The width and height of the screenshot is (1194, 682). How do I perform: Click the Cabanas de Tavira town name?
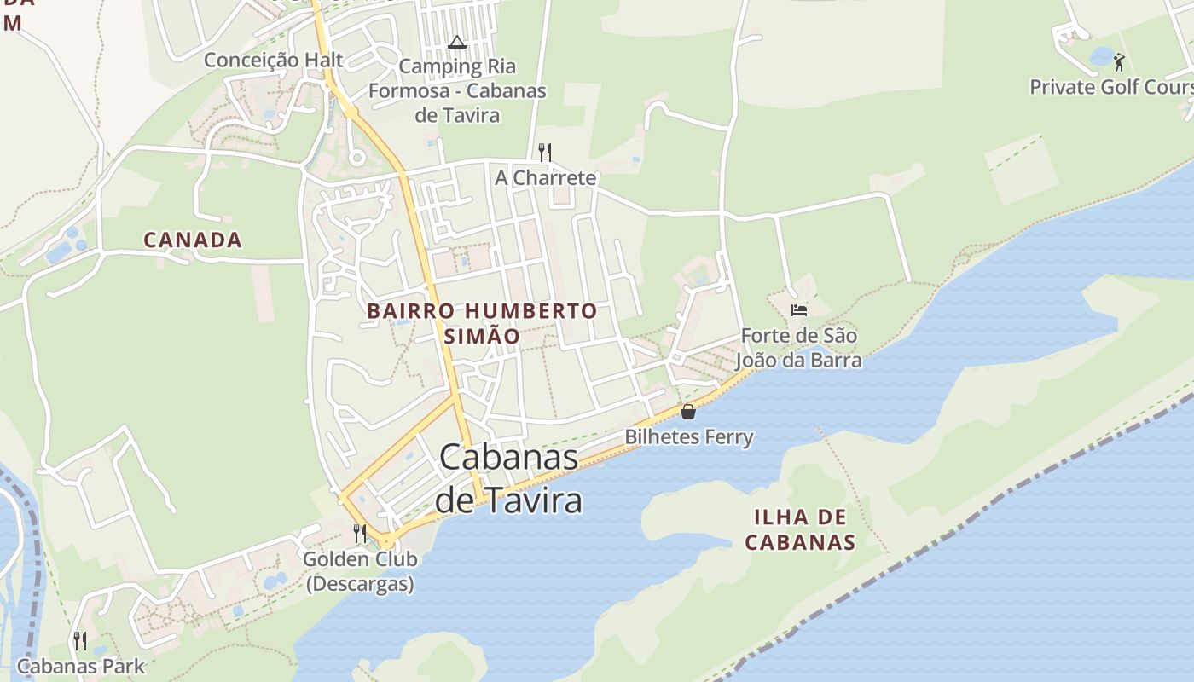[x=509, y=479]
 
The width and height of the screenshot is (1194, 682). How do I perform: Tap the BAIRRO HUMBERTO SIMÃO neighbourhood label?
[x=482, y=323]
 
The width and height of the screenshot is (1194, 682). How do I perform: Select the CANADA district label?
[x=193, y=240]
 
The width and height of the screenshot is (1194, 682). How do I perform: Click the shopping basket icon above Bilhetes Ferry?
[x=688, y=413]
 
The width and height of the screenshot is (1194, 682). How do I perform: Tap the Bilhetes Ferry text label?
[x=689, y=437]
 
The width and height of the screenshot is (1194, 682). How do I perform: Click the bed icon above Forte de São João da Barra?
[x=799, y=310]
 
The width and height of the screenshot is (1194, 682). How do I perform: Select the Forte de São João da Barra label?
[x=798, y=348]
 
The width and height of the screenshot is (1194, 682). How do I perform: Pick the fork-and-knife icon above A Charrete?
[x=544, y=153]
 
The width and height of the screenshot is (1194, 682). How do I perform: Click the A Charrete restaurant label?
[x=546, y=178]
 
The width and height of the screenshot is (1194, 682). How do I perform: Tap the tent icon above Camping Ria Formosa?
[x=457, y=42]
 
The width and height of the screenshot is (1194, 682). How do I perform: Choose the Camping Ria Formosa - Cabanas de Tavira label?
[x=457, y=90]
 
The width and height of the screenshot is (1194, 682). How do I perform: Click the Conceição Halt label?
[x=273, y=60]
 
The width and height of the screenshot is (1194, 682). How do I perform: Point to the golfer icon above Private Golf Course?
[x=1119, y=62]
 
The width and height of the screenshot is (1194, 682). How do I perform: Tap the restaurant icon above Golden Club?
[x=360, y=534]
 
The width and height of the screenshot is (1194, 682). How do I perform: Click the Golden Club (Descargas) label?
[x=360, y=571]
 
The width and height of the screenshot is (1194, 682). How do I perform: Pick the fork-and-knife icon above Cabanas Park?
[x=80, y=640]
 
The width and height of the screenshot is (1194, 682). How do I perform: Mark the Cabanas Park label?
[x=81, y=666]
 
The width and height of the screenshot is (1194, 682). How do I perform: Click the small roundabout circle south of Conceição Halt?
[x=356, y=158]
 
